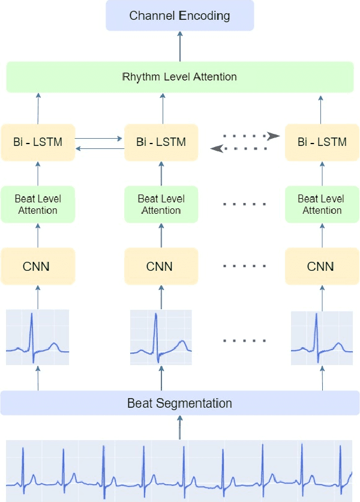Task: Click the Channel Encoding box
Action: click(180, 16)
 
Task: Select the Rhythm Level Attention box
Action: click(180, 77)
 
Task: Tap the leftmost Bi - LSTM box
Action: click(38, 142)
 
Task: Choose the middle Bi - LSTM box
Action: click(161, 142)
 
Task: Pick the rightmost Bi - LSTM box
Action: click(322, 142)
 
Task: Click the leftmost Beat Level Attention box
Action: click(38, 204)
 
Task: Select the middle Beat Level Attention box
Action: click(161, 204)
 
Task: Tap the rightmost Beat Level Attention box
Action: click(322, 204)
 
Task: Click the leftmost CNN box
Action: click(38, 266)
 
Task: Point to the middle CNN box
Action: click(161, 266)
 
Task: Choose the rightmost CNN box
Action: click(322, 266)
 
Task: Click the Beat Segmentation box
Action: click(180, 403)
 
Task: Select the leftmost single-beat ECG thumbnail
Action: click(38, 337)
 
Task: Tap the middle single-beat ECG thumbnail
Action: click(161, 337)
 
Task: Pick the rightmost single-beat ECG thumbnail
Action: click(322, 337)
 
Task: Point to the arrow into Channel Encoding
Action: click(180, 46)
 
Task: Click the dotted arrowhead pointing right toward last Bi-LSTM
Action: click(274, 136)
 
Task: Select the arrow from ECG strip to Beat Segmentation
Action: click(180, 428)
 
